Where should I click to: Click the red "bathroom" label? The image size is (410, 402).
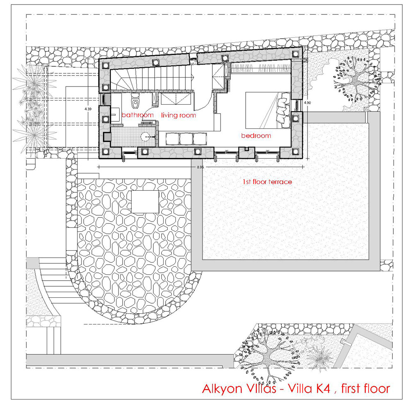(137, 115)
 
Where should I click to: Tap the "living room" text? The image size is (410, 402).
(179, 115)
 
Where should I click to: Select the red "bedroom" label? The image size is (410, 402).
(256, 135)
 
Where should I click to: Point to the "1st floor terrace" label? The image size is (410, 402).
(267, 182)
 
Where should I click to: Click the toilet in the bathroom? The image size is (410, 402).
(135, 100)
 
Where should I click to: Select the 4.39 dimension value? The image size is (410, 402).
(88, 109)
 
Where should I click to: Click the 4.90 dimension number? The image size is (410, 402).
(307, 103)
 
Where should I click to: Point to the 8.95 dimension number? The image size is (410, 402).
(200, 167)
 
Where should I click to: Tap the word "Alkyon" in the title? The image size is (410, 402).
(222, 389)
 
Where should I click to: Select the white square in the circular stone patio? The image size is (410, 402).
(145, 202)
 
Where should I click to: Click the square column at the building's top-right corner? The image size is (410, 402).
(295, 54)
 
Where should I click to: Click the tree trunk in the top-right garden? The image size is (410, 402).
(356, 80)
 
